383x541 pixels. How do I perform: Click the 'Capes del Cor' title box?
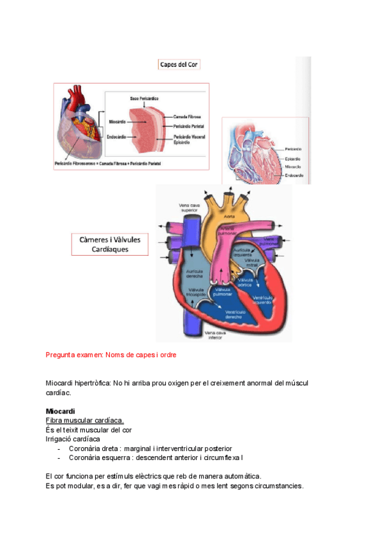pos(179,64)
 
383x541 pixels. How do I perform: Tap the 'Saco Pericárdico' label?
pos(144,99)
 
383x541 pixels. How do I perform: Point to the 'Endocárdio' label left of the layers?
pos(116,135)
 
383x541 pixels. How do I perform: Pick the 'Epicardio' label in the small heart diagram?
pos(293,158)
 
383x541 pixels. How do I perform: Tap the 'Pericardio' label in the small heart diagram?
pos(294,149)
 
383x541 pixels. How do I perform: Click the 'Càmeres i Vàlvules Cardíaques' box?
pos(110,245)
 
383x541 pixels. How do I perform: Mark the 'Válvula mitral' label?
pos(252,263)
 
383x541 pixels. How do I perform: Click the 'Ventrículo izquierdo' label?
pos(264,300)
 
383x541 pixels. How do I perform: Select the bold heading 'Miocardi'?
pos(61,411)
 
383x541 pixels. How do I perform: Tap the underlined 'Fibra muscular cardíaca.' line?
pos(85,420)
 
